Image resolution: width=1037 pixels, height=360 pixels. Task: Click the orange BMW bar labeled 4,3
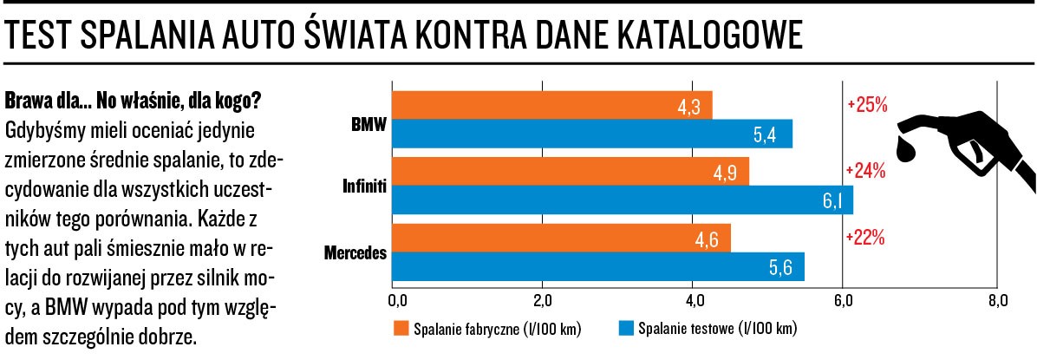552,105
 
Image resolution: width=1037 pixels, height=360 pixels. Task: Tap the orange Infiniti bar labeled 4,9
570,171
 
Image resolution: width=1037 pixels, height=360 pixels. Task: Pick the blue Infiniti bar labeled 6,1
623,200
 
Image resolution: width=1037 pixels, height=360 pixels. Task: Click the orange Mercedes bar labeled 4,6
561,238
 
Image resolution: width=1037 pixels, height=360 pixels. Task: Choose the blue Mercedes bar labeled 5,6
598,266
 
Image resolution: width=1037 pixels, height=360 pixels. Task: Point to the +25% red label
866,105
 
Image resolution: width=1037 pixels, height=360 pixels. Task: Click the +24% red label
866,171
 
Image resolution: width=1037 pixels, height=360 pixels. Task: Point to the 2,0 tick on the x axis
542,301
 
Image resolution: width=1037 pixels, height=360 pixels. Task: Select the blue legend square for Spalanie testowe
626,329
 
